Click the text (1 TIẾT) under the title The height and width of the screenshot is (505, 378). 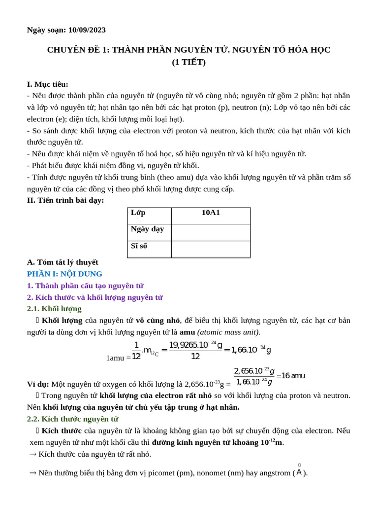(189, 62)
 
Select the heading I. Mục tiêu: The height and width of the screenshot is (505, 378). (47, 84)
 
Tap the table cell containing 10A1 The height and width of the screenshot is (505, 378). (211, 213)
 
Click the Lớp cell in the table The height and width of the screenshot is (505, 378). (138, 213)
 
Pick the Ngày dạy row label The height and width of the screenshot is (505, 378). (147, 229)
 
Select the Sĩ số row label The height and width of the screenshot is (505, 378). (139, 246)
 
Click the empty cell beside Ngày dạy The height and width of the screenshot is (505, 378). (211, 232)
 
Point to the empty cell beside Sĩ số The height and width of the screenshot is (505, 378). (211, 249)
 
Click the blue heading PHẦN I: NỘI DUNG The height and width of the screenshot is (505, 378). (64, 274)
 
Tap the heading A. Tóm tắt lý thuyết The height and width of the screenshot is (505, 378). (63, 262)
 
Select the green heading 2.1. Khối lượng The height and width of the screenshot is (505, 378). (54, 309)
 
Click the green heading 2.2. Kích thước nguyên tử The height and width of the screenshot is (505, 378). (72, 419)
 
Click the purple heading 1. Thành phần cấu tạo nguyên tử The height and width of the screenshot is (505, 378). (85, 286)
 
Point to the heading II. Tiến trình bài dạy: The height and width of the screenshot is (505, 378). (65, 200)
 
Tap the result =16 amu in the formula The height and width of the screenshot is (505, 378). (291, 376)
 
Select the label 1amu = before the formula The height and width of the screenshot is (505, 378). (118, 358)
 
